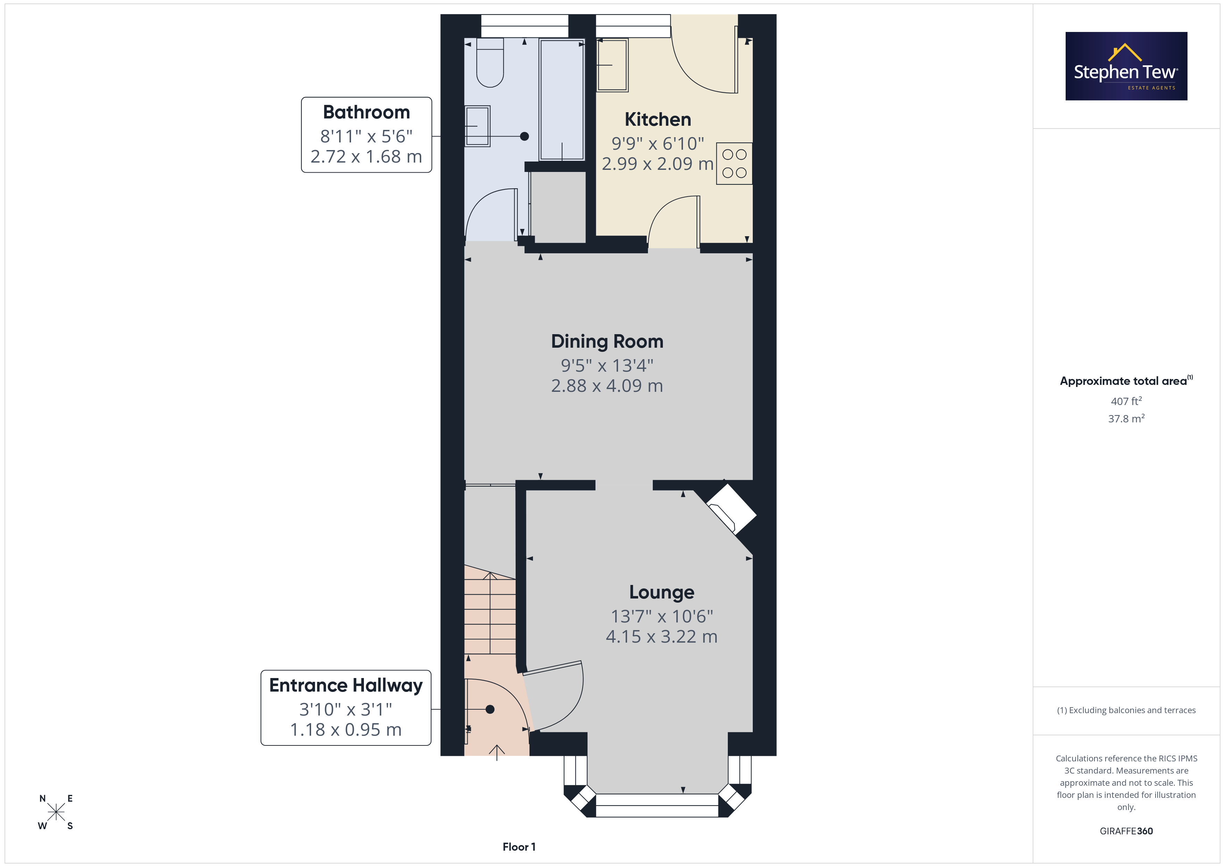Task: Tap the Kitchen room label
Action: [x=658, y=119]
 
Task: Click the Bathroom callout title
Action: [x=367, y=112]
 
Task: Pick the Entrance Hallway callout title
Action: [x=346, y=685]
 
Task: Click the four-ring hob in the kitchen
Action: [x=734, y=163]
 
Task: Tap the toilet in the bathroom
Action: [x=490, y=63]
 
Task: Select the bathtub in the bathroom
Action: [x=562, y=99]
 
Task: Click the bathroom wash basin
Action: [x=477, y=126]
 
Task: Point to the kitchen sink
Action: [x=612, y=65]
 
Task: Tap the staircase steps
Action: [x=490, y=613]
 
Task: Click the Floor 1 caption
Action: [x=519, y=847]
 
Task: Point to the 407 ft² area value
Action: [x=1126, y=401]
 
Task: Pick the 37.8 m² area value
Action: [x=1126, y=419]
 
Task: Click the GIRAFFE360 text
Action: [x=1126, y=831]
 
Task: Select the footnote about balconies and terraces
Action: [x=1126, y=710]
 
